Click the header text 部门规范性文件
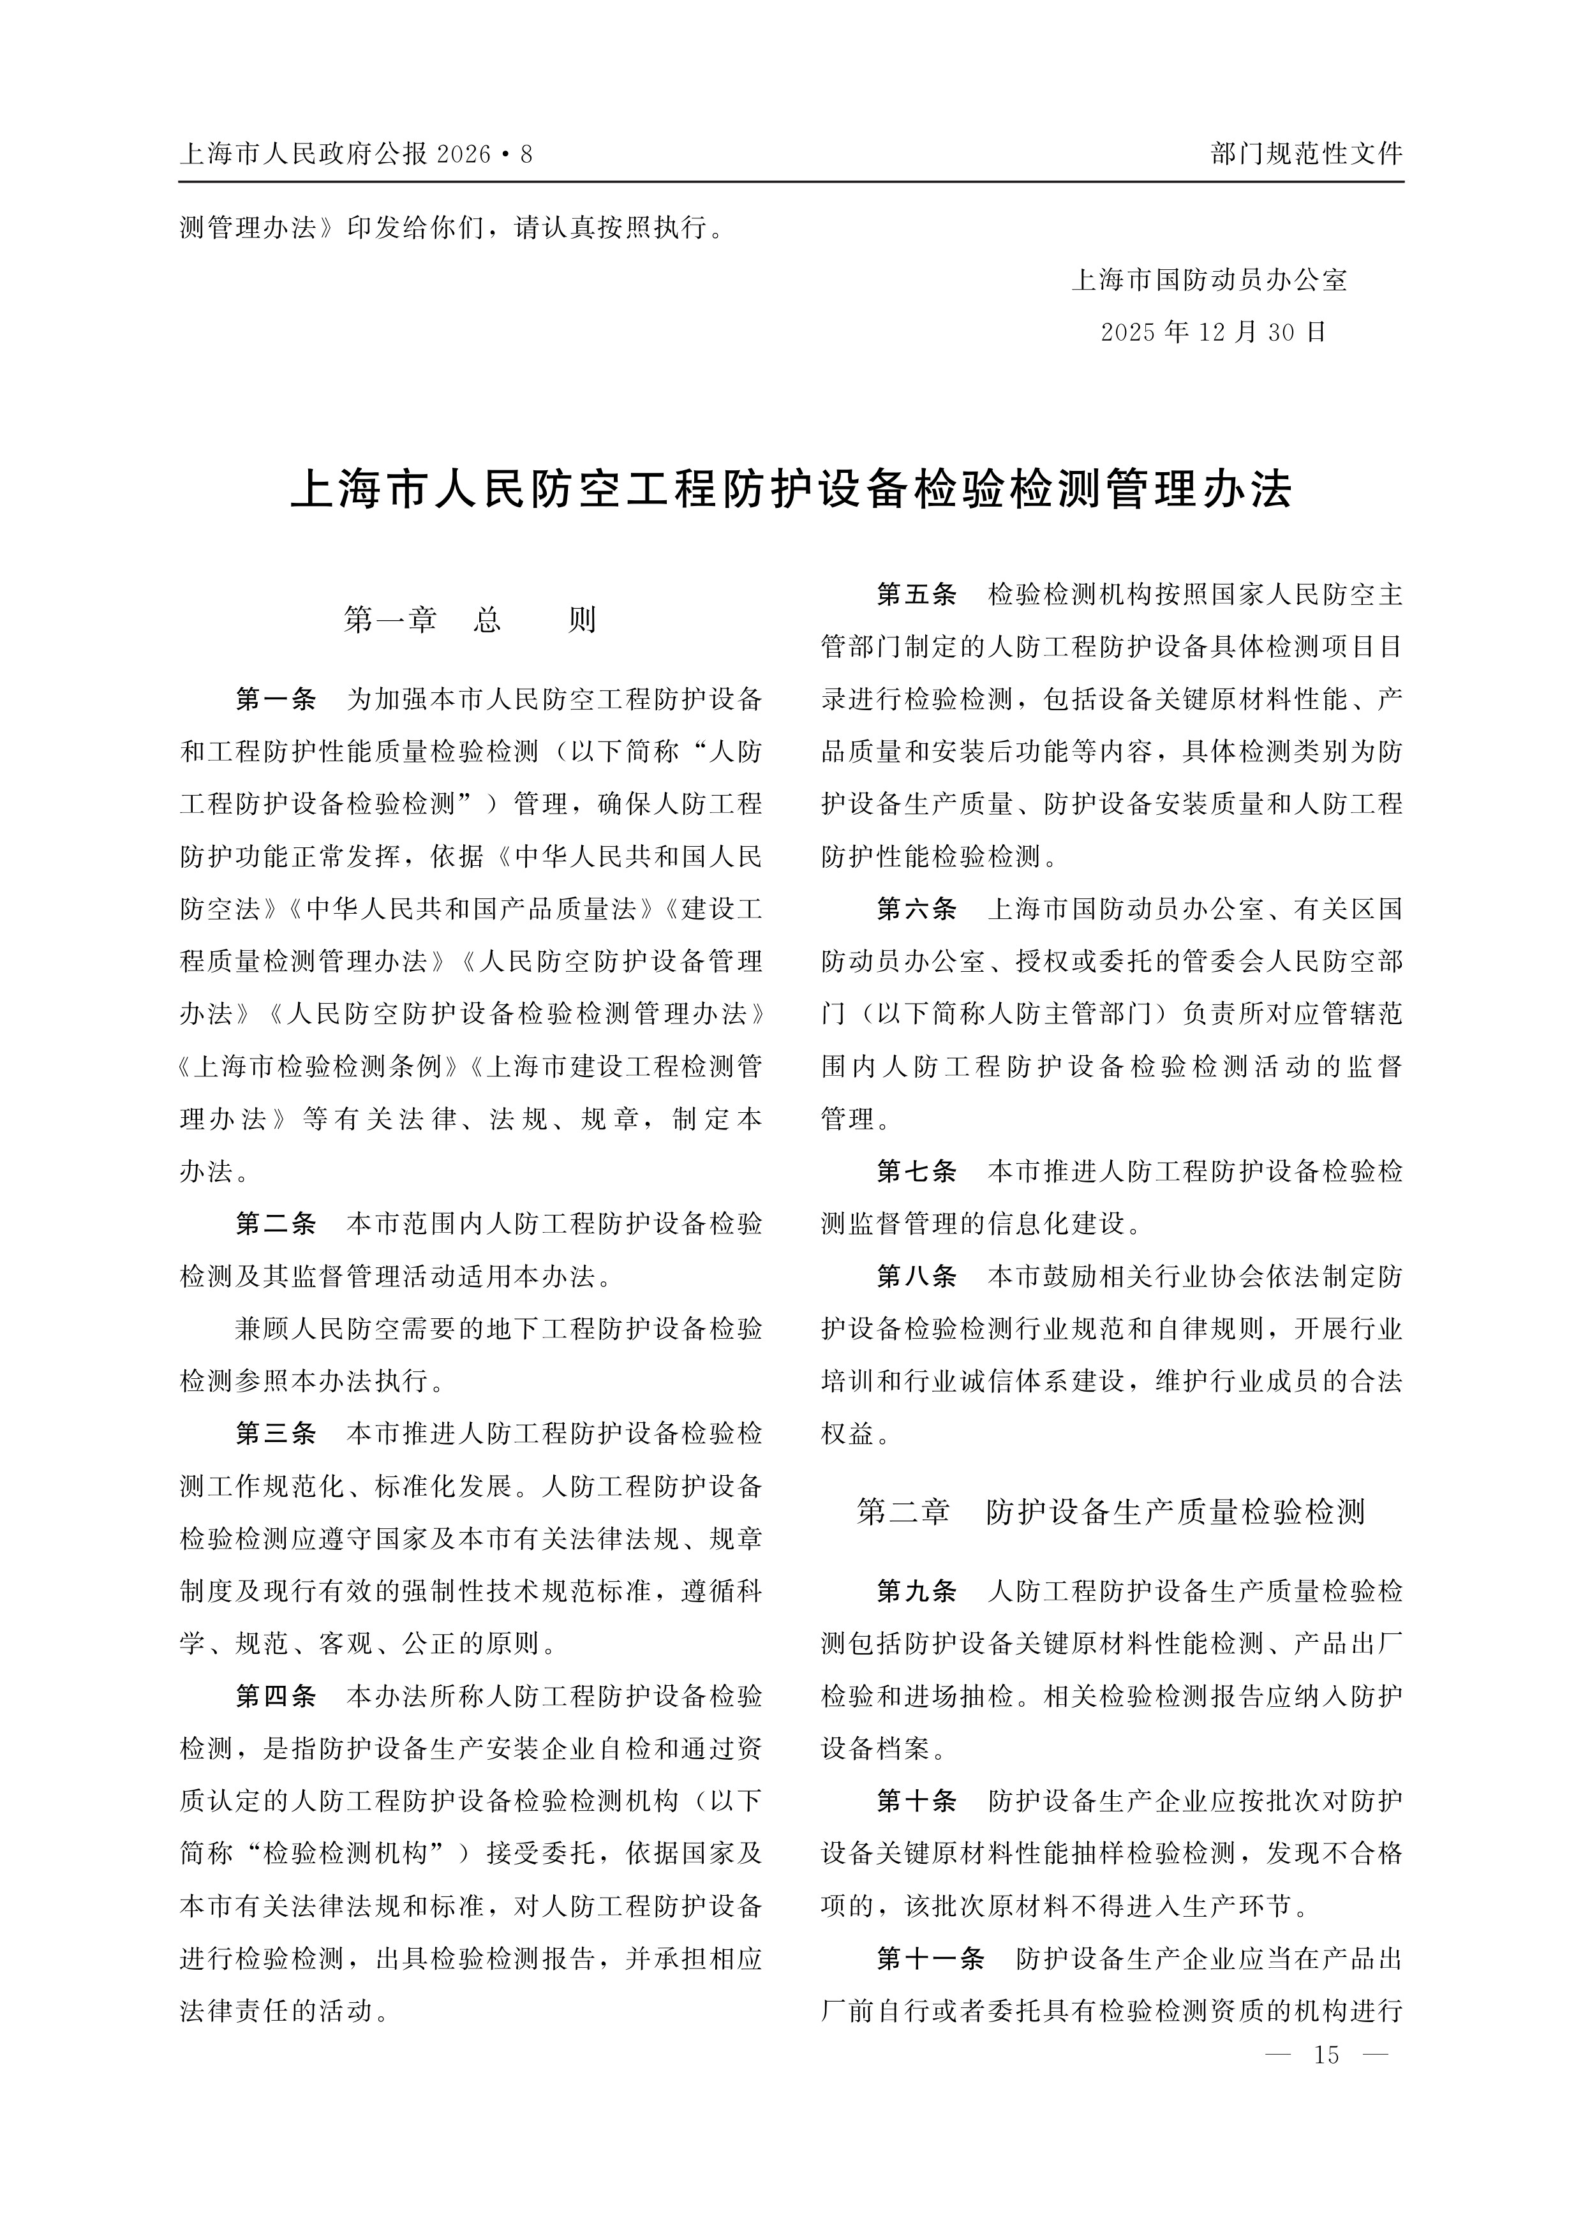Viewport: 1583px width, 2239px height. (x=1306, y=154)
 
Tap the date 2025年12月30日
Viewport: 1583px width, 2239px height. (x=1214, y=332)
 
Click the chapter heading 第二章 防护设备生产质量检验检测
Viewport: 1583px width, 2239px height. (x=1110, y=1512)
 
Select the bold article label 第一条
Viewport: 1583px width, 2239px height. (x=276, y=699)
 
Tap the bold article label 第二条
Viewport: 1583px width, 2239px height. (x=276, y=1224)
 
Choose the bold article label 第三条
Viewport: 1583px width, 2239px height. (x=276, y=1434)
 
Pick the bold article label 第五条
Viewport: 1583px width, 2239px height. (x=917, y=594)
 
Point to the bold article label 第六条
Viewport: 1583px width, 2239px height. (x=917, y=909)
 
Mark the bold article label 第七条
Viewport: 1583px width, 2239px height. (x=917, y=1172)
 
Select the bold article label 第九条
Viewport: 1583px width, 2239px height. (x=917, y=1591)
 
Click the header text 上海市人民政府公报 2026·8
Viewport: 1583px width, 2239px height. (x=357, y=154)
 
